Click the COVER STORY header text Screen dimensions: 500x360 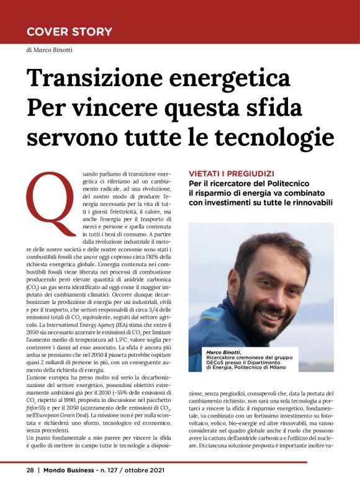(x=70, y=31)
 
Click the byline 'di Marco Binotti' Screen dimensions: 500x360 (x=49, y=50)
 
